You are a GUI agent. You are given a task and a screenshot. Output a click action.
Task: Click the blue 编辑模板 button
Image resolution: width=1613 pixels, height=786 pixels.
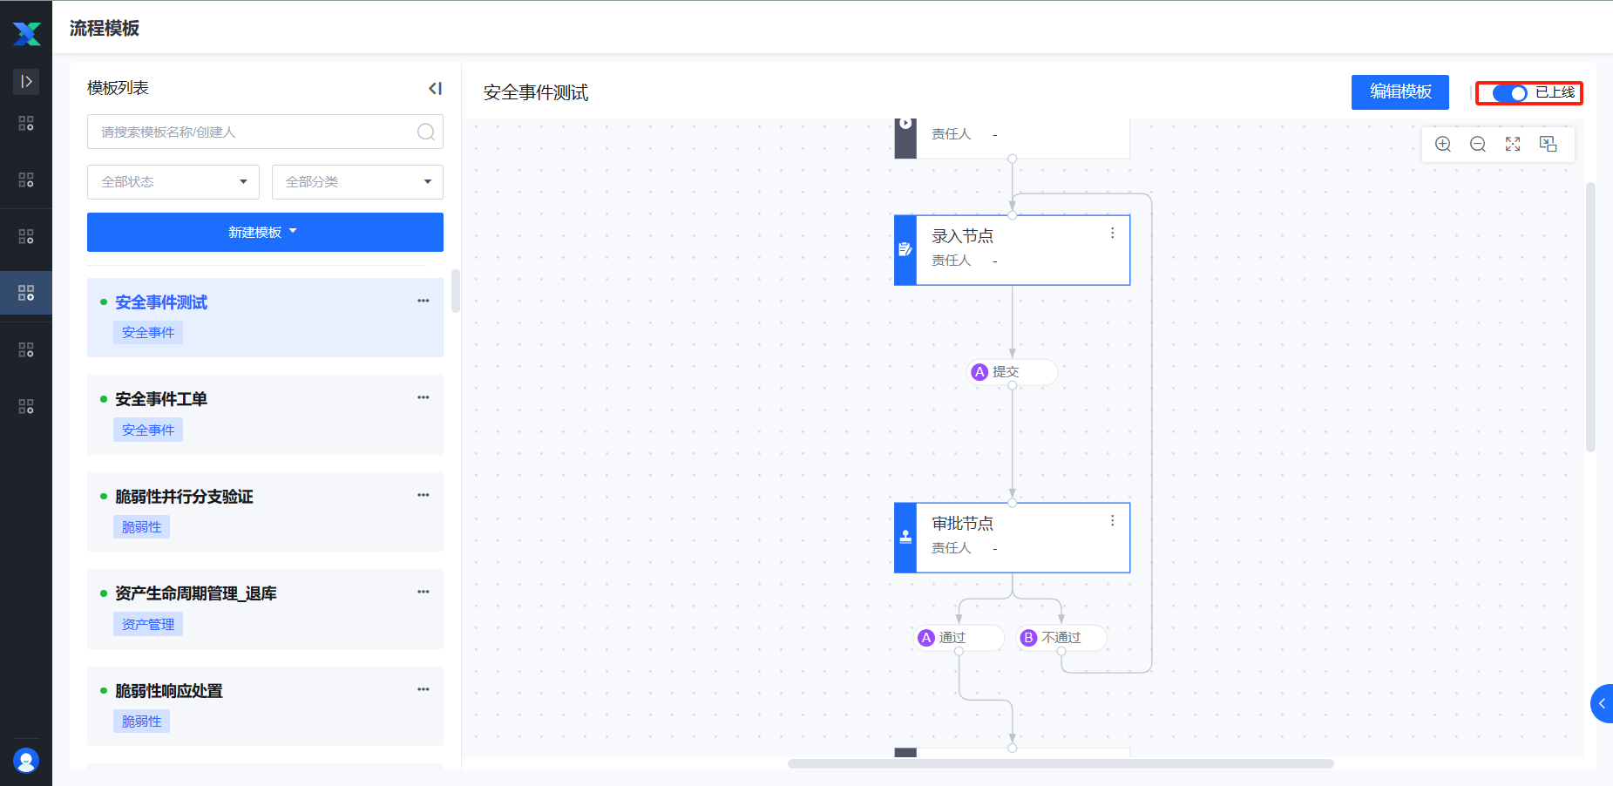(x=1400, y=92)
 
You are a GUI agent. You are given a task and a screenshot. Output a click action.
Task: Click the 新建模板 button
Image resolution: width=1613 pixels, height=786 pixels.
(x=265, y=233)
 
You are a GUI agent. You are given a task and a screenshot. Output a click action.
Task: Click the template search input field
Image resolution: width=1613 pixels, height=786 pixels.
(x=253, y=132)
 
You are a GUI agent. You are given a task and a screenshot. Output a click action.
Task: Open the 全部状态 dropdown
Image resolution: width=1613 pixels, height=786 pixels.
(x=173, y=182)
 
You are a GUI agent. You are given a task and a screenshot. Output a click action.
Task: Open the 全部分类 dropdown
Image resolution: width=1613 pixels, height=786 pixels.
(x=357, y=182)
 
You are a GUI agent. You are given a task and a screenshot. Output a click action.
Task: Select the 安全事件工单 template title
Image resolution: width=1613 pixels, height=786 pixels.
(x=161, y=399)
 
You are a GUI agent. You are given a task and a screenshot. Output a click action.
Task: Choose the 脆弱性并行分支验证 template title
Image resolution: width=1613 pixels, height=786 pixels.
(x=184, y=497)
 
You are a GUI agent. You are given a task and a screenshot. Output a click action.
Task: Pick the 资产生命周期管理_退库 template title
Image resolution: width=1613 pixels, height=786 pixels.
(x=195, y=593)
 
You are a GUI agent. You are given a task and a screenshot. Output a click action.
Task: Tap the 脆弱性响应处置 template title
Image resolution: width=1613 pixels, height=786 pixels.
(x=169, y=691)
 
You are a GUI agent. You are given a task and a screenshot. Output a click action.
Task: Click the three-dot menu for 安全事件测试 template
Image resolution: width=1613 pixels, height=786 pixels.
(x=424, y=301)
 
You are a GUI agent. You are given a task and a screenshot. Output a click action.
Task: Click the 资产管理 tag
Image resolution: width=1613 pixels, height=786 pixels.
(x=148, y=625)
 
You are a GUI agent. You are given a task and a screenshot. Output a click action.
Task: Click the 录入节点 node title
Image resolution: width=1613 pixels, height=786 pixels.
(x=962, y=236)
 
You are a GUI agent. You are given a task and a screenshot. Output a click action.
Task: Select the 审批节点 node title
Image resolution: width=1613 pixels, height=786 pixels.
(x=962, y=524)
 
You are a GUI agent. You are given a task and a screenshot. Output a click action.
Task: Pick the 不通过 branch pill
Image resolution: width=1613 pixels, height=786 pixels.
(x=1061, y=638)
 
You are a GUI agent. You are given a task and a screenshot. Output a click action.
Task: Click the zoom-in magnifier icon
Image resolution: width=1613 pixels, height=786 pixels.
(x=1443, y=145)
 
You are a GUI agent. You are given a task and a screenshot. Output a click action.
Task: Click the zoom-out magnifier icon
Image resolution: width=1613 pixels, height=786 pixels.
(x=1478, y=145)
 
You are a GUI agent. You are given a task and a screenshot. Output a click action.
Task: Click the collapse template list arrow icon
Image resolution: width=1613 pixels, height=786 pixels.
(x=435, y=88)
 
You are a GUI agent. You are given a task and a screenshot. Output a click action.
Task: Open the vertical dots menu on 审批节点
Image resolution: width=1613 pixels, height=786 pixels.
(x=1112, y=521)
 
